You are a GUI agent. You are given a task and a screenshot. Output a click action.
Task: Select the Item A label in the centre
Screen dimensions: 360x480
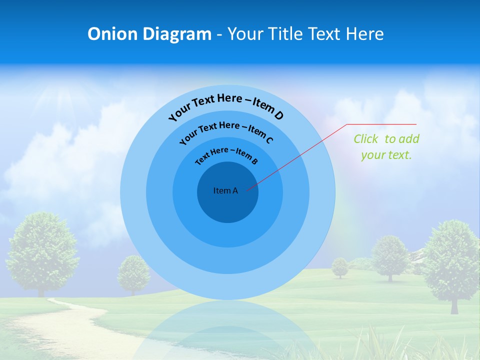click(225, 190)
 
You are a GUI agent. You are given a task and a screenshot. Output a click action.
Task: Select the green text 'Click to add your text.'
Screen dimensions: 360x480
click(386, 147)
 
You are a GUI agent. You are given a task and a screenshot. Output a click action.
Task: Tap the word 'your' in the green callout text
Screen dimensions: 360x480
click(373, 155)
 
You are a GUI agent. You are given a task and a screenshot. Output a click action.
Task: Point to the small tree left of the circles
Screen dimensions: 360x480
click(133, 272)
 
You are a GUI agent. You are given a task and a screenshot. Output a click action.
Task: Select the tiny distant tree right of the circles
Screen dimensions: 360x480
click(340, 266)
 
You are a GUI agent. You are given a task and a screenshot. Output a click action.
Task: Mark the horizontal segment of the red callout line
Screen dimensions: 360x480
click(382, 124)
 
